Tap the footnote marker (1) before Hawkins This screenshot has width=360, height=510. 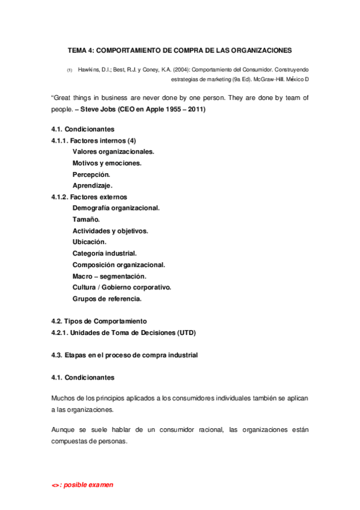click(x=69, y=71)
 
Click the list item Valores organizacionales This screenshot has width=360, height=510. click(x=114, y=152)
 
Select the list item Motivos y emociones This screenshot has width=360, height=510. click(x=108, y=163)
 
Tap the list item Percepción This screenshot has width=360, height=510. click(x=91, y=174)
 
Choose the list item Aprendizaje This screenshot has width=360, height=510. click(x=93, y=185)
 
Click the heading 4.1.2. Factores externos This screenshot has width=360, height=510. click(x=90, y=197)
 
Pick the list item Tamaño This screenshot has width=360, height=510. click(x=87, y=220)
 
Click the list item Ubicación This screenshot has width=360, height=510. click(x=90, y=242)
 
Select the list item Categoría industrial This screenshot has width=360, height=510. click(x=105, y=253)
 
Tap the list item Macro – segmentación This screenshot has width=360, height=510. click(x=109, y=276)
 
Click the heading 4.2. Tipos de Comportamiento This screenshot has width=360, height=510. click(x=99, y=321)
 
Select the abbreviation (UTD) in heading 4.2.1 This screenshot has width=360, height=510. click(x=186, y=333)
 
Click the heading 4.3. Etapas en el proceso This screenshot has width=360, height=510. click(x=125, y=355)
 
